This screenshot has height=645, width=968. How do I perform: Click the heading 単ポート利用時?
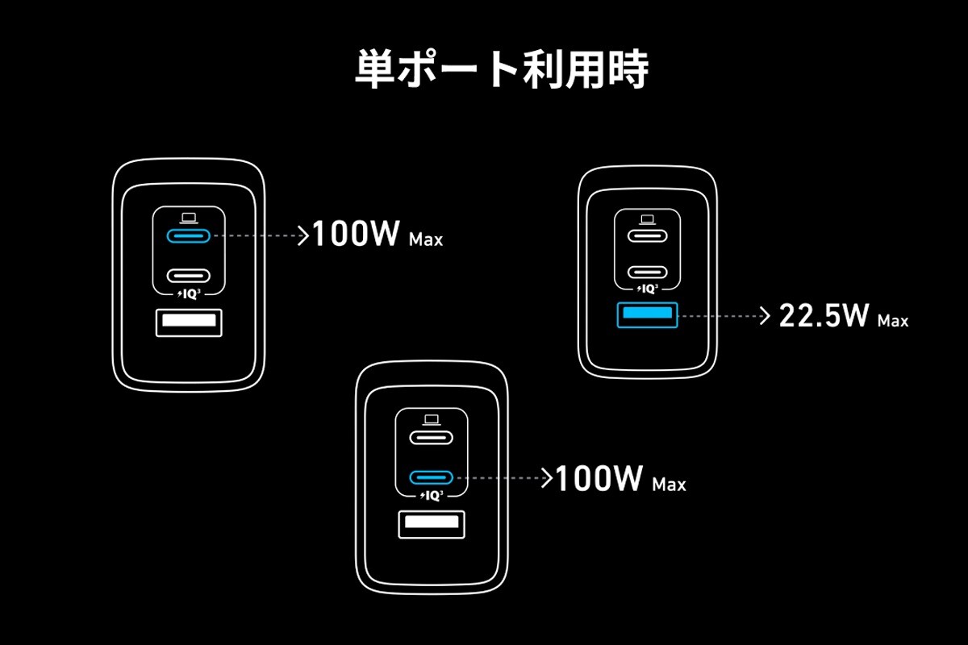(502, 69)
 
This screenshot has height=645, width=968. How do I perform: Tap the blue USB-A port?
(647, 315)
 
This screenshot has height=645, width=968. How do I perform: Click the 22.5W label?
(824, 315)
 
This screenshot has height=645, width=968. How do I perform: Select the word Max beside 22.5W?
(893, 321)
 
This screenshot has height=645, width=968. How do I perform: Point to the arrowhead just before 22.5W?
(766, 316)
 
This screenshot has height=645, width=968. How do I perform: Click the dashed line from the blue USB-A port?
(718, 316)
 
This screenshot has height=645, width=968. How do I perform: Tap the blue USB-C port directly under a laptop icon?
(189, 236)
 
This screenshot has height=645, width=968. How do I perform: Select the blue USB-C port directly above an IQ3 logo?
(432, 477)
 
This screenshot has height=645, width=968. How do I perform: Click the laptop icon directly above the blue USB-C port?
(189, 218)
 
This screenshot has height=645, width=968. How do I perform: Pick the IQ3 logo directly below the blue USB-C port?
(432, 496)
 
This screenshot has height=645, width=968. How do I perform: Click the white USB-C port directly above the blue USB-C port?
(432, 438)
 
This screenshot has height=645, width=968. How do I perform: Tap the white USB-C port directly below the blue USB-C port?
(189, 276)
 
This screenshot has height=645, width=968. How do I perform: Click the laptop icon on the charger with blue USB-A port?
(647, 219)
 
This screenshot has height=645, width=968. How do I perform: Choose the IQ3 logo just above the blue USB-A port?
(647, 289)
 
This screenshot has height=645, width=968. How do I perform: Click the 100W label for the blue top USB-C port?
(355, 234)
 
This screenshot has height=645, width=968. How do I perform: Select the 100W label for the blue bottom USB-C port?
(599, 479)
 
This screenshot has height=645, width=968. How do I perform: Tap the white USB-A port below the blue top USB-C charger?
(189, 322)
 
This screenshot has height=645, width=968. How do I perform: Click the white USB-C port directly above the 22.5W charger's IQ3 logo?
(647, 273)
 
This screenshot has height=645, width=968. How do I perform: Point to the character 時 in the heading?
(628, 69)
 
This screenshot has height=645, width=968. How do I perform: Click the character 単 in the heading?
(374, 69)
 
